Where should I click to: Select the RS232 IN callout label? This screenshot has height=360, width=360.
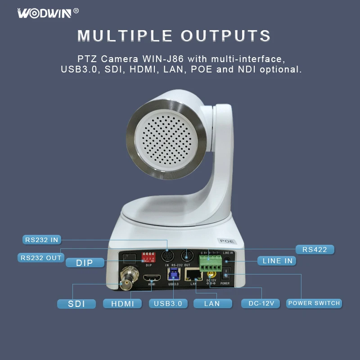42,240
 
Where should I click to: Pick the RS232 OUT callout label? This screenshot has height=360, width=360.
41,258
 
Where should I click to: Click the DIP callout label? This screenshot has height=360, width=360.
85,263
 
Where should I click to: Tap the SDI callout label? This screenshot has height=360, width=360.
76,304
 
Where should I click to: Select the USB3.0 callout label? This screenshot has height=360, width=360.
168,304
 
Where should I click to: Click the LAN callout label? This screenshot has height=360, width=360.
212,304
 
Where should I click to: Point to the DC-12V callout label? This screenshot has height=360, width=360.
261,304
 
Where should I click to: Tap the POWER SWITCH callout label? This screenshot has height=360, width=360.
314,303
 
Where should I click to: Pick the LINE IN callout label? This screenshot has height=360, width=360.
278,261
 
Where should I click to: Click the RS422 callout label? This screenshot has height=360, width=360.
315,249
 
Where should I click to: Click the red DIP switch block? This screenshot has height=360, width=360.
148,257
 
